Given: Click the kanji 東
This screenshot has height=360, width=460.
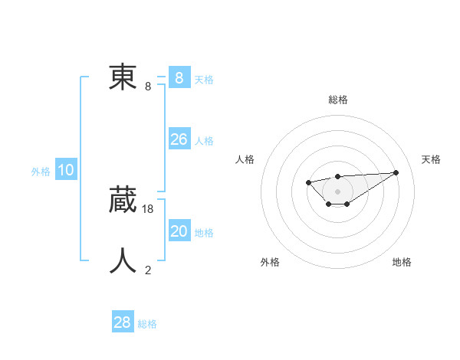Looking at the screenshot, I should (x=123, y=77).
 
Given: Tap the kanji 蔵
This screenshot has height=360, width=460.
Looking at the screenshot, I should (x=123, y=200).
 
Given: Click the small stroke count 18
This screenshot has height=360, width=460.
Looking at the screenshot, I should (x=148, y=208).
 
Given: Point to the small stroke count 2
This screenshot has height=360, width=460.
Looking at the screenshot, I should (x=148, y=270).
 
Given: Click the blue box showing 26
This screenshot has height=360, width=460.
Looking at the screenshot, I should (x=179, y=139).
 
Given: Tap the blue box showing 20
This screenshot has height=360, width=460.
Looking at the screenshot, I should (x=179, y=231).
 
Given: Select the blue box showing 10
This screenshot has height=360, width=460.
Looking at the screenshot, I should (x=66, y=170).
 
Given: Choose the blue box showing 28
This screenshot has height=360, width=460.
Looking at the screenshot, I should (x=123, y=322).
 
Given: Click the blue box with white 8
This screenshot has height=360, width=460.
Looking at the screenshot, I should (x=179, y=77).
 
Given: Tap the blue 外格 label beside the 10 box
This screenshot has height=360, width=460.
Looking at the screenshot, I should (x=41, y=172).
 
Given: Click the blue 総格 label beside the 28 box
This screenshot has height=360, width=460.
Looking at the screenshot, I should (x=147, y=324).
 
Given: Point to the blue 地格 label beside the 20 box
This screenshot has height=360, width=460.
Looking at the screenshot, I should (x=204, y=232).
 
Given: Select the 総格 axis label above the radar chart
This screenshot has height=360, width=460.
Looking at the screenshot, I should (x=337, y=100).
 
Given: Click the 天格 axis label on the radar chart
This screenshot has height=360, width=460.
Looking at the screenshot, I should (x=431, y=159).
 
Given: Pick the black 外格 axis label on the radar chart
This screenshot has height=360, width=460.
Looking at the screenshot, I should (x=270, y=262).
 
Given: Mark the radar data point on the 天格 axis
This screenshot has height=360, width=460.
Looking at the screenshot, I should (x=396, y=172).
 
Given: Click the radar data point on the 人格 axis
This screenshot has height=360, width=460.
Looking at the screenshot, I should (x=308, y=182).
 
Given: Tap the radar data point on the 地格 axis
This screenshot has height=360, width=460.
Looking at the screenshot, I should (x=347, y=204).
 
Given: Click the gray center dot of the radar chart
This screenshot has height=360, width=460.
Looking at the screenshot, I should (x=337, y=191).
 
